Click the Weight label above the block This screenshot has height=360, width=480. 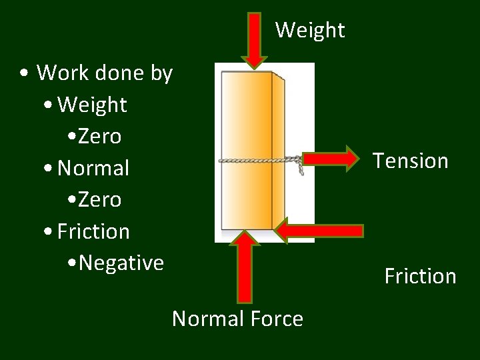[310, 30]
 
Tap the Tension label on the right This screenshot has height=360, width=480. [410, 161]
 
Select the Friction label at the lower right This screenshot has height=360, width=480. [420, 276]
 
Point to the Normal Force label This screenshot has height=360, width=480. [237, 319]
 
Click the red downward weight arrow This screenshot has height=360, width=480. [254, 39]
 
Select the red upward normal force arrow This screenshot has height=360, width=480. [245, 266]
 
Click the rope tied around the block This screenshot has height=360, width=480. [260, 160]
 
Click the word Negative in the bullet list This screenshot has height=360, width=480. [121, 263]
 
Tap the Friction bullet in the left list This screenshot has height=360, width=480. [93, 231]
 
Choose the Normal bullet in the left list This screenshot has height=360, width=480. [93, 168]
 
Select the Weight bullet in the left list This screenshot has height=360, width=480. [92, 105]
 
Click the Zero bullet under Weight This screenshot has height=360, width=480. [99, 137]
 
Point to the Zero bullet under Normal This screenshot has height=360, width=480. [99, 199]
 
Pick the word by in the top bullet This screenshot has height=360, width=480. [162, 73]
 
